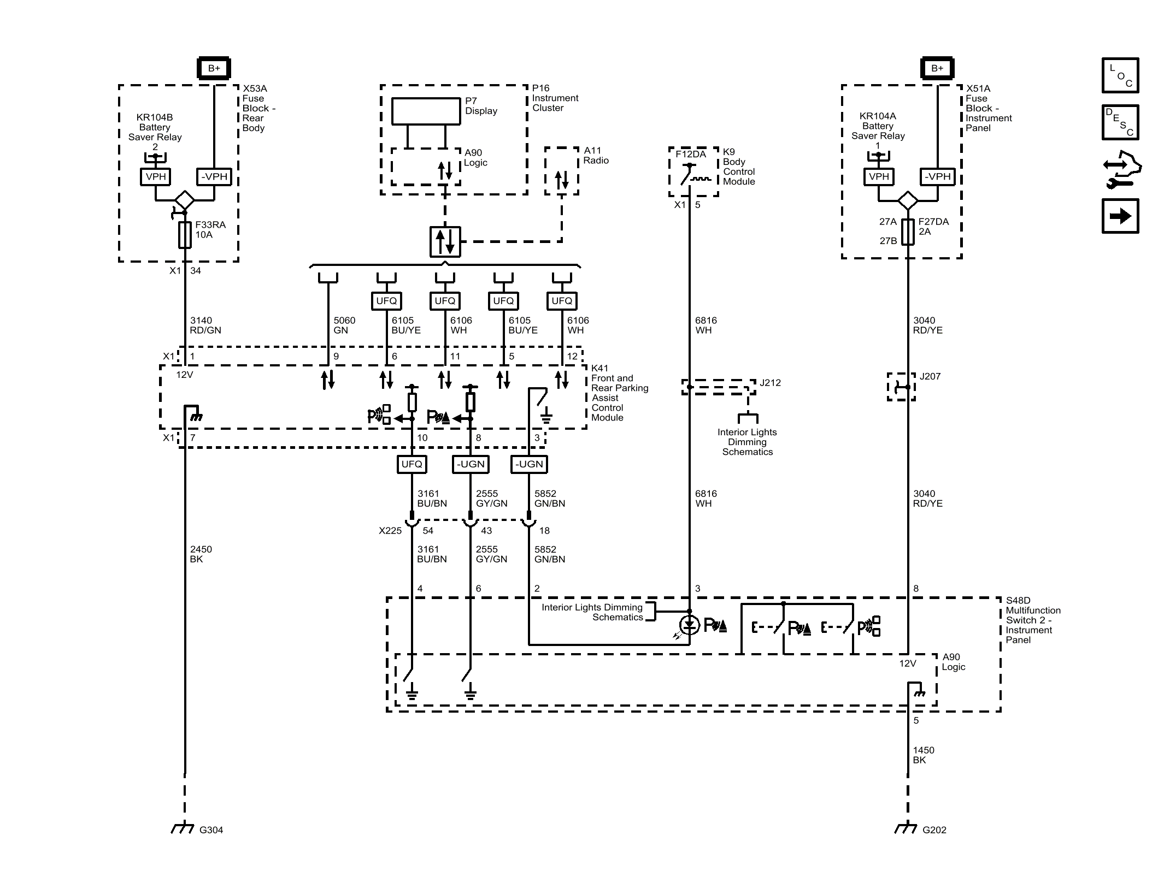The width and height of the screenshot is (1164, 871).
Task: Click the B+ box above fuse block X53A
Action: coord(214,68)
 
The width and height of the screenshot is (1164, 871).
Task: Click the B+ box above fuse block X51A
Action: coord(937,68)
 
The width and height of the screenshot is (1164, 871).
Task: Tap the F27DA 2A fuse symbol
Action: coord(907,232)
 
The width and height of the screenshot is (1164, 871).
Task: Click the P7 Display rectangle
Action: coord(426,111)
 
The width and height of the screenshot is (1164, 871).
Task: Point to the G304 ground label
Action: coord(211,830)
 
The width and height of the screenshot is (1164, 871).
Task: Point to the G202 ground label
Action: coord(934,830)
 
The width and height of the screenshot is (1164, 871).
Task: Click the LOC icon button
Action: coord(1120,75)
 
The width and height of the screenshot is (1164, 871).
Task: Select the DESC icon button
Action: coord(1120,122)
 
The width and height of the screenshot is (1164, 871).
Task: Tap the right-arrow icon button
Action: coord(1120,216)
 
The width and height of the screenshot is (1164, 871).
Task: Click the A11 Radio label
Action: coord(595,155)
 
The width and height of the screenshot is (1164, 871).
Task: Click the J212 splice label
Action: coord(769,383)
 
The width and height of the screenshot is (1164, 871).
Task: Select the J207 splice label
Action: coord(930,376)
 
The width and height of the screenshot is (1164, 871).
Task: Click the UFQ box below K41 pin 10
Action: coord(411,464)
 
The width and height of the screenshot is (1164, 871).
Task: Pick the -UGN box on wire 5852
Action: coord(529,464)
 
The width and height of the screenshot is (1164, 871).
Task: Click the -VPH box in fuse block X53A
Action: coord(214,176)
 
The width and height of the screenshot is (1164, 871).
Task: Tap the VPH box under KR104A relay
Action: coord(878,176)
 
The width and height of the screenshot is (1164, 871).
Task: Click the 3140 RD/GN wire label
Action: coord(205,325)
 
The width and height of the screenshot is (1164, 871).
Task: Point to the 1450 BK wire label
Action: coord(923,755)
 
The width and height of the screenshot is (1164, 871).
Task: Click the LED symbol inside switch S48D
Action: coord(689,625)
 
